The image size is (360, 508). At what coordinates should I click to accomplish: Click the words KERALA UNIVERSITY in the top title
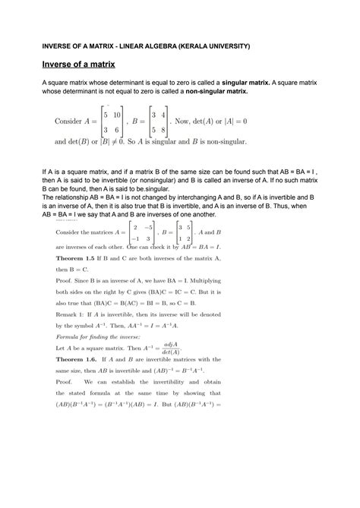[210, 46]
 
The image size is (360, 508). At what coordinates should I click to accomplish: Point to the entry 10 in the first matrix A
[116, 115]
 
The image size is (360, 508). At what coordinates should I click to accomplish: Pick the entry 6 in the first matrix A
[116, 131]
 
